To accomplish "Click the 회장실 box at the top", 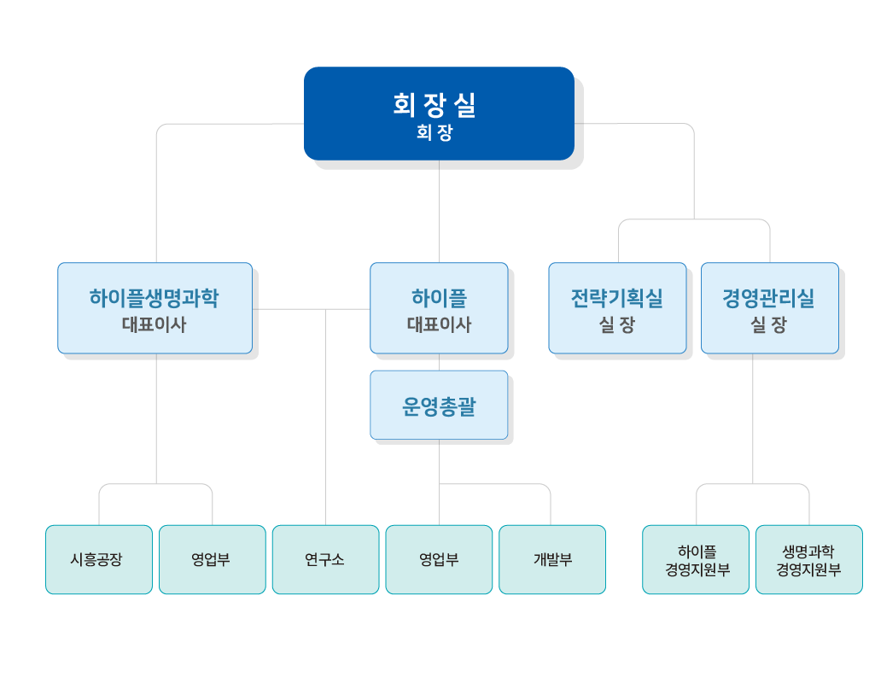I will tap(439, 113).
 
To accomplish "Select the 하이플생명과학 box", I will tap(155, 307).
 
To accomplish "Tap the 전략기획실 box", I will tap(616, 307).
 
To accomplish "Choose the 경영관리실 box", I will tap(769, 307).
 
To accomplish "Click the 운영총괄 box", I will tap(439, 405).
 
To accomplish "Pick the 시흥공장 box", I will tap(98, 559).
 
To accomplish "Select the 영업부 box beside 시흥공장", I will tap(212, 559).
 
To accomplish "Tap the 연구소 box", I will tap(325, 559).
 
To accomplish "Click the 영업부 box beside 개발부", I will tap(439, 559).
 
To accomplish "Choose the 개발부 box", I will tap(552, 559).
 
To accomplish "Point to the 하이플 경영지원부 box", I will tap(696, 559).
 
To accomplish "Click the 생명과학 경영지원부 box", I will tap(808, 559).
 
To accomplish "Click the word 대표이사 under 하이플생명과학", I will tap(155, 325).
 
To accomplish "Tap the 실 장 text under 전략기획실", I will tap(616, 325).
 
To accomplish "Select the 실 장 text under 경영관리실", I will tap(769, 325).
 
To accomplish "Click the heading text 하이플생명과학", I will tap(155, 298).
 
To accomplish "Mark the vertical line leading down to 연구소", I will tap(326, 418).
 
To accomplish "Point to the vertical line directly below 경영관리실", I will tap(753, 418).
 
